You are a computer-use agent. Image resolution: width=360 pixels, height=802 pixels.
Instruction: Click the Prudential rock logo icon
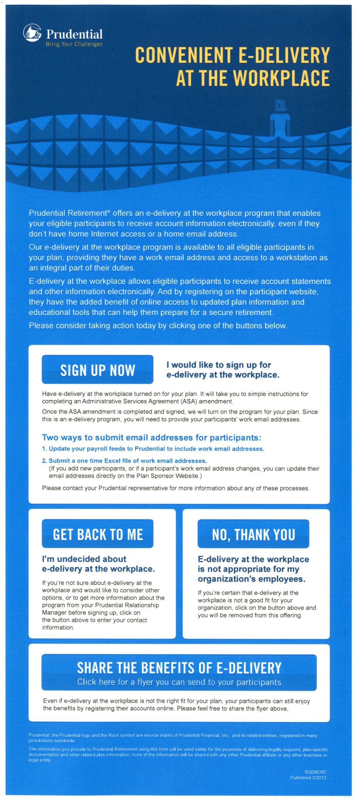tap(33, 33)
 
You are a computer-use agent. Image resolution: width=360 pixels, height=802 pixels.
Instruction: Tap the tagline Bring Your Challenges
tap(74, 44)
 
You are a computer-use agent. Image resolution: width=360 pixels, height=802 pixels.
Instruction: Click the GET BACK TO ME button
tap(98, 534)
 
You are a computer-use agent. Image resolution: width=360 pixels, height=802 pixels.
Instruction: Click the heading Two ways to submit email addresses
tap(151, 437)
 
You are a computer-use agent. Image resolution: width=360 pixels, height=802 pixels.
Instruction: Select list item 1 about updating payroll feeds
tap(153, 449)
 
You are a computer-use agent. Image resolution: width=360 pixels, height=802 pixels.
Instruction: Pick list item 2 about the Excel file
tap(124, 461)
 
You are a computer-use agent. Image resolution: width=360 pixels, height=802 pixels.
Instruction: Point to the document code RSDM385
tap(315, 772)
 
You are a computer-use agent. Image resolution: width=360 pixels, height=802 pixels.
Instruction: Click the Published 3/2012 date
tap(308, 778)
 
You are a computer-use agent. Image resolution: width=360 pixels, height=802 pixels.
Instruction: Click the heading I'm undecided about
tap(84, 559)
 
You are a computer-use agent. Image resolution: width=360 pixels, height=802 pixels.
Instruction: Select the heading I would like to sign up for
tap(219, 365)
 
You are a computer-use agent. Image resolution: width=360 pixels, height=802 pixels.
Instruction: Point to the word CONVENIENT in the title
tap(184, 56)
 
